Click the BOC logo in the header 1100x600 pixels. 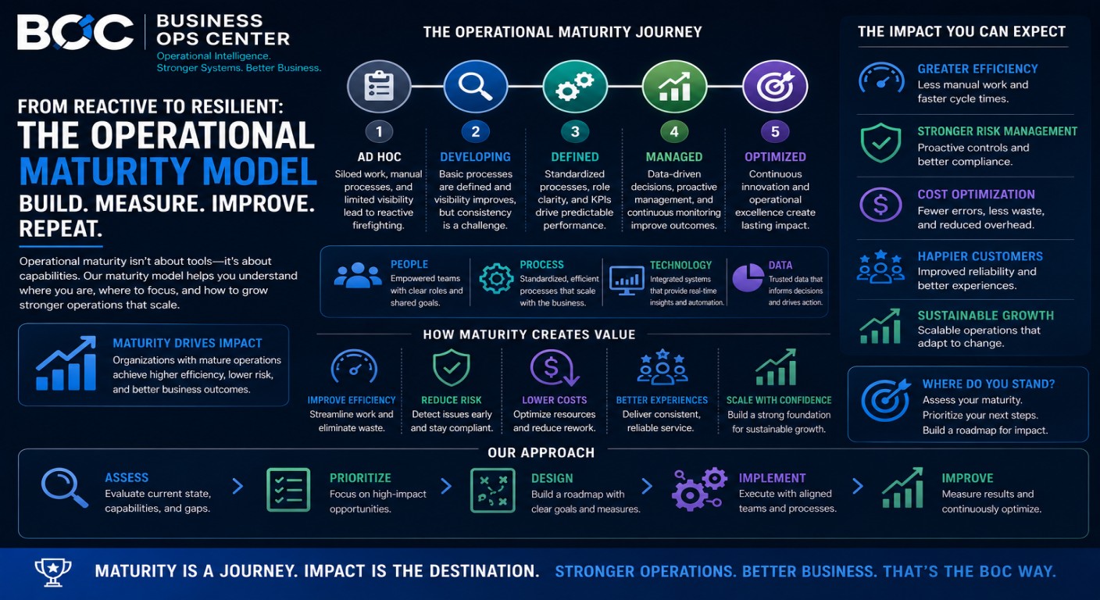pyautogui.click(x=75, y=32)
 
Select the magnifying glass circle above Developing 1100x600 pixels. pyautogui.click(x=475, y=87)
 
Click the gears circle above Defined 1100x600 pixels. pyautogui.click(x=575, y=87)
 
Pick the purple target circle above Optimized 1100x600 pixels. pyautogui.click(x=775, y=87)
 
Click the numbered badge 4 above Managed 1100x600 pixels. pyautogui.click(x=674, y=131)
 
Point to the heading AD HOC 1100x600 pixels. pyautogui.click(x=379, y=157)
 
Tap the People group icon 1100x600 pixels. pyautogui.click(x=358, y=276)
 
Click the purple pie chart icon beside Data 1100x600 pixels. pyautogui.click(x=748, y=278)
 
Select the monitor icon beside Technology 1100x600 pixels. pyautogui.click(x=627, y=280)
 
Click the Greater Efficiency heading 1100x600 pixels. pyautogui.click(x=977, y=69)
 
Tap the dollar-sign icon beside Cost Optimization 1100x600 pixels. pyautogui.click(x=880, y=205)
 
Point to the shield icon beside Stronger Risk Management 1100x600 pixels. pyautogui.click(x=881, y=143)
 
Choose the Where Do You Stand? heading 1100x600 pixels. pyautogui.click(x=988, y=384)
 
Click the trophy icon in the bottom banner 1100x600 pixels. pyautogui.click(x=53, y=572)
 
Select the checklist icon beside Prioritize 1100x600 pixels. pyautogui.click(x=288, y=490)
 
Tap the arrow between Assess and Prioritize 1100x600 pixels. pyautogui.click(x=237, y=486)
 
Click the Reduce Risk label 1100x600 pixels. pyautogui.click(x=452, y=400)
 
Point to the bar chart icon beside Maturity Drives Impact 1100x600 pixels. pyautogui.click(x=66, y=362)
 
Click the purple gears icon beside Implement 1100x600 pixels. pyautogui.click(x=699, y=489)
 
